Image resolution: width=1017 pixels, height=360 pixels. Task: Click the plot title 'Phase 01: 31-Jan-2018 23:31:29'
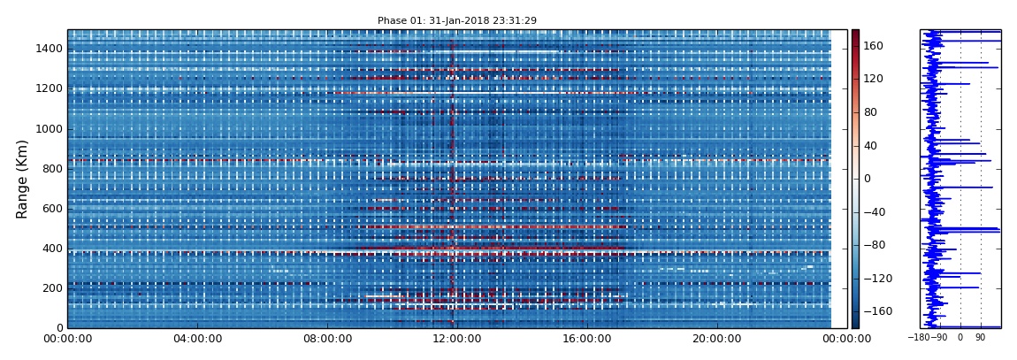tap(456, 20)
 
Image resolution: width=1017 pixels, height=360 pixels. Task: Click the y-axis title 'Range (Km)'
tap(23, 179)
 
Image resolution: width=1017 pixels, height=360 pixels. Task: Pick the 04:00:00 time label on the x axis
tap(197, 338)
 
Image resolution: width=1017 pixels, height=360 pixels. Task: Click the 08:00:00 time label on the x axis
tap(327, 338)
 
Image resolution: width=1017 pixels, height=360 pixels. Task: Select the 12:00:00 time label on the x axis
tap(457, 338)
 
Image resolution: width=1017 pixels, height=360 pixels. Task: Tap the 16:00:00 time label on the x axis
tap(587, 338)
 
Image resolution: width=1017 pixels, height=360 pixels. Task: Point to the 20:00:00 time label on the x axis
tap(717, 338)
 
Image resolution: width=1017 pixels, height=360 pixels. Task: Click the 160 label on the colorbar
tap(873, 46)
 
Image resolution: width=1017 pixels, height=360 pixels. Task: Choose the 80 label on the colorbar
tap(870, 112)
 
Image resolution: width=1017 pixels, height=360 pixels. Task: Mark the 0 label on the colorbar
tap(867, 179)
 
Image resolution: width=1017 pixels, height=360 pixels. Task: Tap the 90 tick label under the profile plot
tap(980, 338)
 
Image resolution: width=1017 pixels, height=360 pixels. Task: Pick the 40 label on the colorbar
tap(870, 146)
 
